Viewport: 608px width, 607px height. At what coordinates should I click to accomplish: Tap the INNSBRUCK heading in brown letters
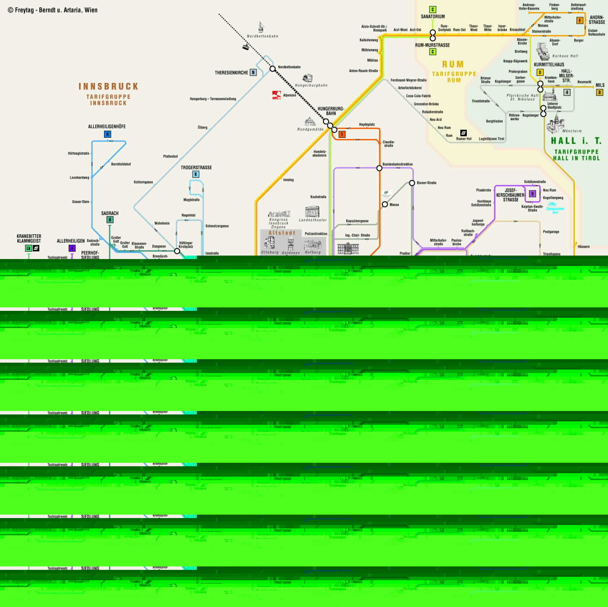(x=108, y=86)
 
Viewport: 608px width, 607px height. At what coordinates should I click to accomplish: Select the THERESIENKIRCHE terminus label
(x=231, y=73)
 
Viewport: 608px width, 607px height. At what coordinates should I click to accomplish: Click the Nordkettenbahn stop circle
(x=272, y=69)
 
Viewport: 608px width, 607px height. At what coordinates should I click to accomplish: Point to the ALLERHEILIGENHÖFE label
(x=107, y=126)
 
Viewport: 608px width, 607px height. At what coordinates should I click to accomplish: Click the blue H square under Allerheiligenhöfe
(x=108, y=134)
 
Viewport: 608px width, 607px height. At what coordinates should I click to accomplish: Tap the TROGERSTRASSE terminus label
(x=196, y=168)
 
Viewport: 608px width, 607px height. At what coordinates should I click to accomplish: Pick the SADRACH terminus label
(x=110, y=213)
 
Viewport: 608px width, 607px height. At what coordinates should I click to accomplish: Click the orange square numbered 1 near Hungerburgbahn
(x=342, y=134)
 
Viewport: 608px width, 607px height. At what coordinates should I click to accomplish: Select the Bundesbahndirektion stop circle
(x=379, y=168)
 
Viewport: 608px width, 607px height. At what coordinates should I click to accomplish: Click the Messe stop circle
(x=385, y=204)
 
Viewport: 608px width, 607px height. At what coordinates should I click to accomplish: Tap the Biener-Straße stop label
(x=426, y=183)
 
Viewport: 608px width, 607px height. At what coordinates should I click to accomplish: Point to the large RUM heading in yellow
(x=453, y=64)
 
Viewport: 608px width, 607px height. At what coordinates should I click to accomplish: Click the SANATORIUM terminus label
(x=433, y=16)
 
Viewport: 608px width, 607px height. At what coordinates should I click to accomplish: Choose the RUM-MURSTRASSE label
(x=432, y=45)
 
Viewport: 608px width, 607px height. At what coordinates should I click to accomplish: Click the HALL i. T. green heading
(x=576, y=141)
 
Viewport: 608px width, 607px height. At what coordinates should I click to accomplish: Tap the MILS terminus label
(x=600, y=85)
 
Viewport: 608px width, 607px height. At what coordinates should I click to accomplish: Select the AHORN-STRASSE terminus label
(x=597, y=19)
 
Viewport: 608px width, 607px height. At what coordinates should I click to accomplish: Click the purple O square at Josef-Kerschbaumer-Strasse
(x=532, y=194)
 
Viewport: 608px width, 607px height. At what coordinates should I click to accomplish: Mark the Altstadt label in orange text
(x=282, y=233)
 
